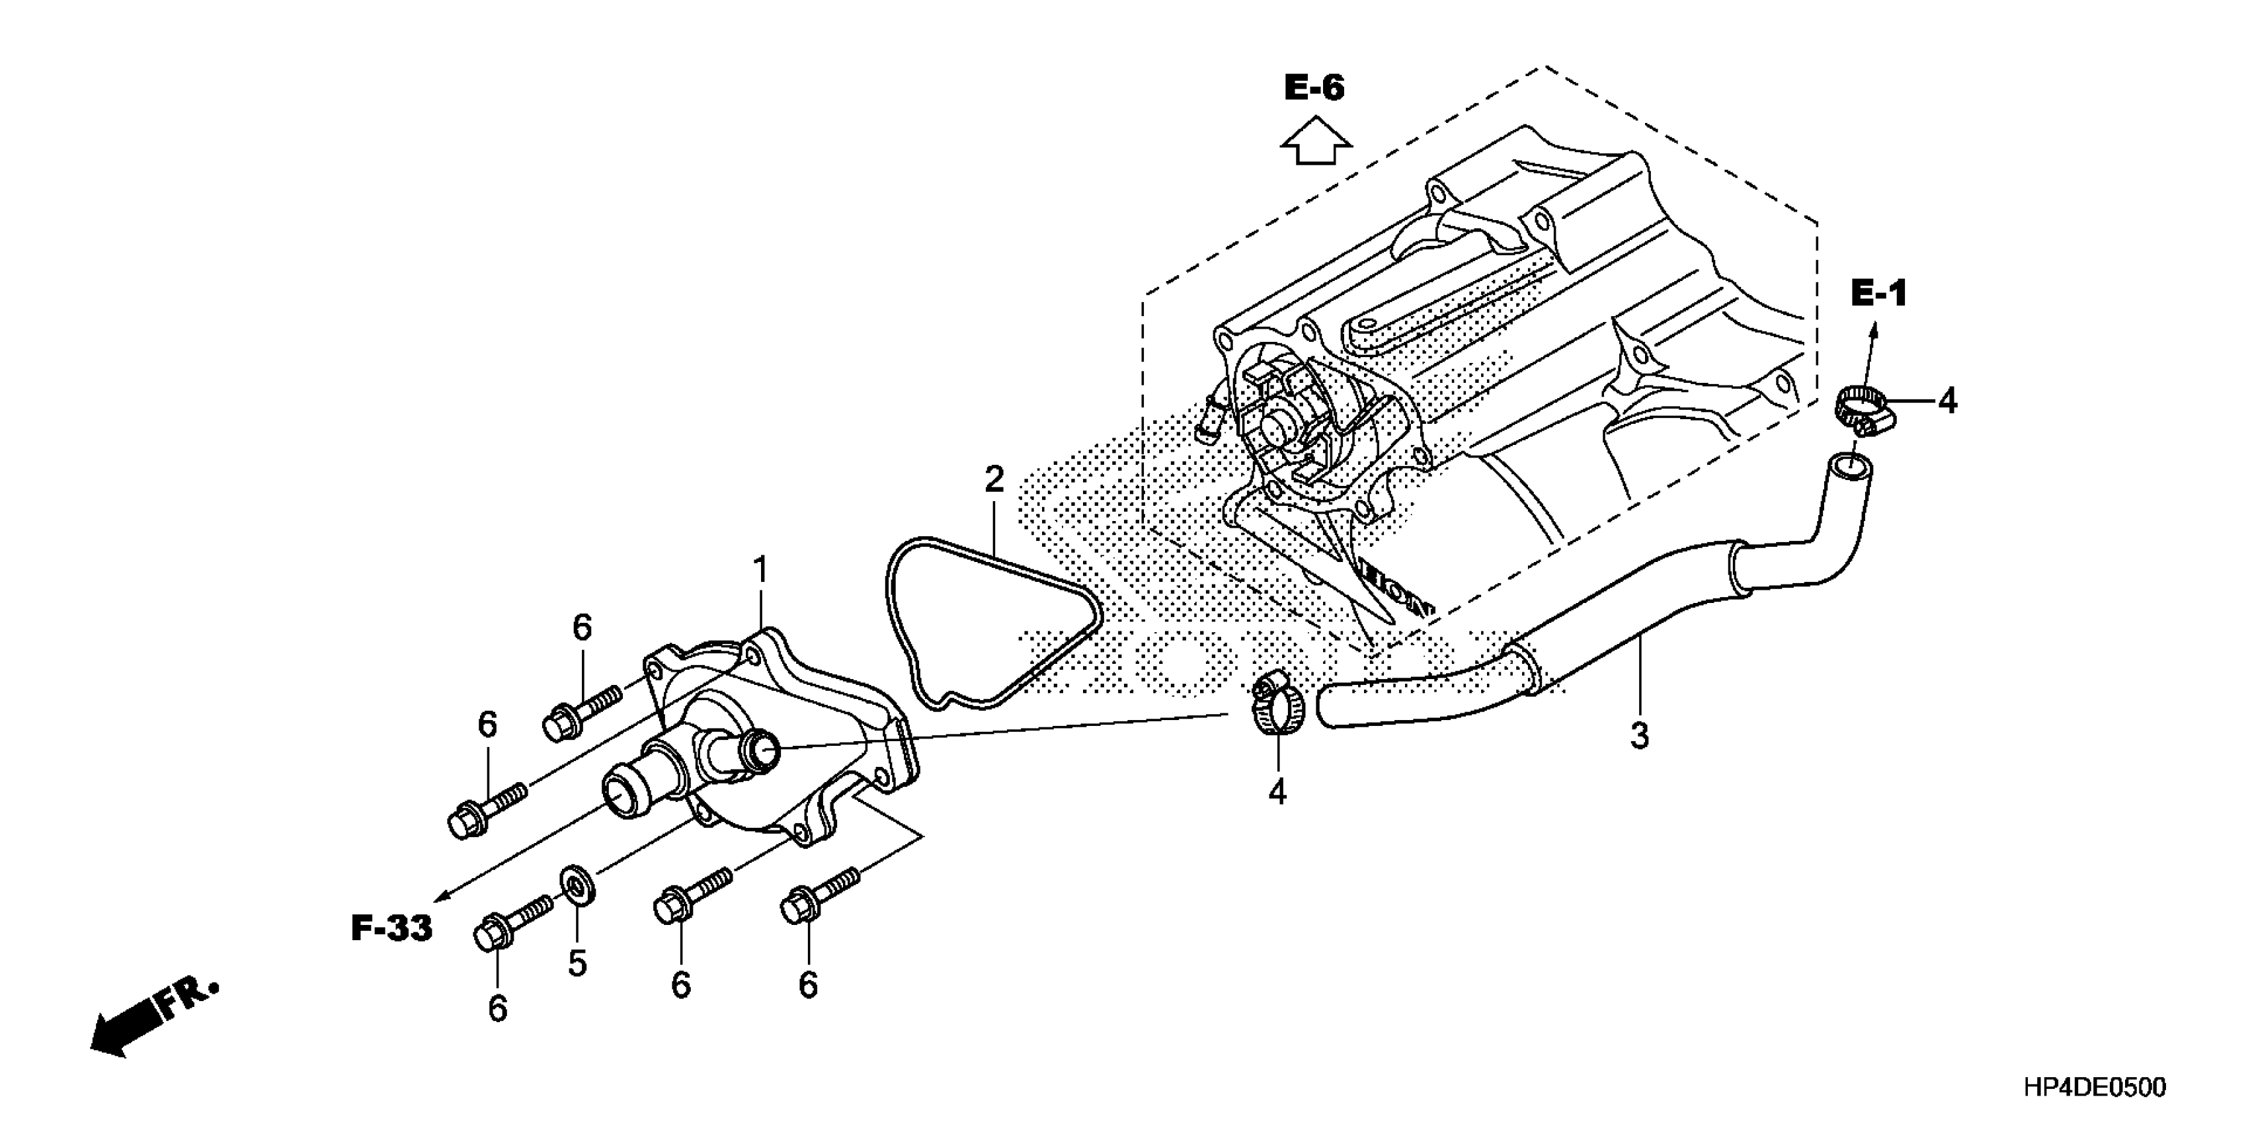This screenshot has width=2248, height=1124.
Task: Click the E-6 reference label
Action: coord(1314,87)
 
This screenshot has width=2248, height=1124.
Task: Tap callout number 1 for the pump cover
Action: coord(760,571)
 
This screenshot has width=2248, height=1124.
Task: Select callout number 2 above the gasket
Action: coord(994,479)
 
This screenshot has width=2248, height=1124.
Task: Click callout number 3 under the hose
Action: coord(1639,736)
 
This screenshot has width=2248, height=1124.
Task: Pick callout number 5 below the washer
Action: coord(577,963)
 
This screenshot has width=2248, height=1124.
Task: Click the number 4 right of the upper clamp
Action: coord(1947,401)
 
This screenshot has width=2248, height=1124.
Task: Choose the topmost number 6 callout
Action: coord(582,627)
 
